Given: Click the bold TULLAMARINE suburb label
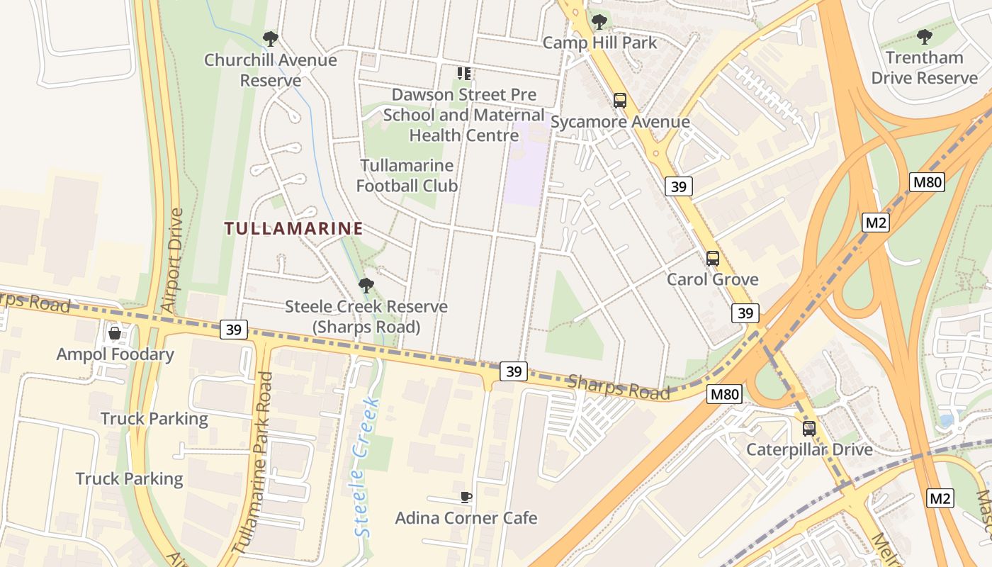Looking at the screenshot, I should [x=293, y=228].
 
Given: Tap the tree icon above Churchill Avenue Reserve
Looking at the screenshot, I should [x=270, y=39].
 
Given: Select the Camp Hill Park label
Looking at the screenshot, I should [x=599, y=43].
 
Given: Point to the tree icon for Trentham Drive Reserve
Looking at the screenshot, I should [x=924, y=36].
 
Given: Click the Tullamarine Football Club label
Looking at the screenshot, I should [x=407, y=176].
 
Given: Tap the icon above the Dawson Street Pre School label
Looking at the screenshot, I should [x=464, y=74].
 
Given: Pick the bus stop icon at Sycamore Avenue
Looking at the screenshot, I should [x=620, y=101].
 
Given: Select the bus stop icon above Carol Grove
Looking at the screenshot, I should [x=713, y=259].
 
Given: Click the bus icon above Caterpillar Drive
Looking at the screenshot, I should [x=809, y=429].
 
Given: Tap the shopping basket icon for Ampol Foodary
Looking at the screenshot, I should [x=115, y=333].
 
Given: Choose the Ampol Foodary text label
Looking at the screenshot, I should [x=115, y=354].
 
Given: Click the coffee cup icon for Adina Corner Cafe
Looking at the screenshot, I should [x=466, y=497].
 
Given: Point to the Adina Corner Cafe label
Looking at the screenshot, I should [x=466, y=518].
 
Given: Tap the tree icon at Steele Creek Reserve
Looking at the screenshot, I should [x=366, y=286].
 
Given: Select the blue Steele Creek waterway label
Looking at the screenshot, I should [x=366, y=468].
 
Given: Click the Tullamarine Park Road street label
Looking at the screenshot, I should [x=254, y=463].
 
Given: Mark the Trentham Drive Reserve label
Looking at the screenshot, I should [x=924, y=67].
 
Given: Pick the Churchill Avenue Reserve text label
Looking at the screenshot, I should [x=270, y=70].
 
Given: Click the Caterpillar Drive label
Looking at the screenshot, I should [x=809, y=449].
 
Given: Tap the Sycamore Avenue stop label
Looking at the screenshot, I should [x=620, y=122].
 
